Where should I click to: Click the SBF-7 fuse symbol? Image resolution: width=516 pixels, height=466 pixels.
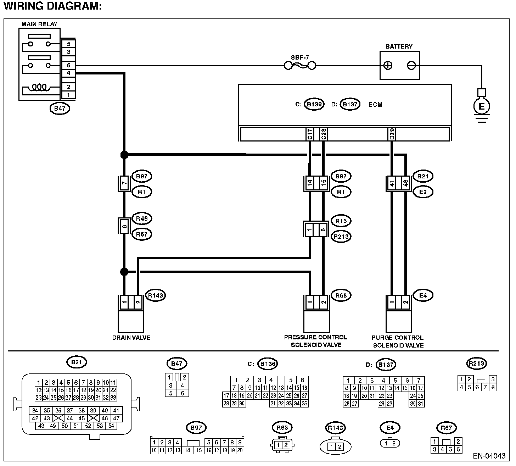(300, 66)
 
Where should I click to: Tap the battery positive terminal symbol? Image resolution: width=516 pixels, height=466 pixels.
(388, 66)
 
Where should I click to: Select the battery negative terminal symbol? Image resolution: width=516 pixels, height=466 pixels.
(411, 66)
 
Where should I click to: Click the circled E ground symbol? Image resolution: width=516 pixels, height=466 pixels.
(482, 106)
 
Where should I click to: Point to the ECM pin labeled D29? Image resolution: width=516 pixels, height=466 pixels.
(392, 134)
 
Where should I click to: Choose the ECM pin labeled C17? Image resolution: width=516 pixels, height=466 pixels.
(310, 134)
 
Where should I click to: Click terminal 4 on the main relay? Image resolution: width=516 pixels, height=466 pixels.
(68, 73)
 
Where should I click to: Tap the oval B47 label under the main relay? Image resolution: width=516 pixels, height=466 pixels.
(60, 109)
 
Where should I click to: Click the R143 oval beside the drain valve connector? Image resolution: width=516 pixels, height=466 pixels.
(156, 295)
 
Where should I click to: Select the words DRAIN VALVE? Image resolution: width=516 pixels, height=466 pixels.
(131, 338)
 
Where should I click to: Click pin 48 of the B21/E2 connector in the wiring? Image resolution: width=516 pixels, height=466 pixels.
(405, 183)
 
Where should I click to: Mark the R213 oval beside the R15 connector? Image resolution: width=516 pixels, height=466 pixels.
(341, 237)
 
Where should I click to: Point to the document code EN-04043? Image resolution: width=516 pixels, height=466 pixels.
(489, 456)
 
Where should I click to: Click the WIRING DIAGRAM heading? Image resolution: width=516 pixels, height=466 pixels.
(53, 6)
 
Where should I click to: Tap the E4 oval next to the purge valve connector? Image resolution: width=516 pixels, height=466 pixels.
(423, 295)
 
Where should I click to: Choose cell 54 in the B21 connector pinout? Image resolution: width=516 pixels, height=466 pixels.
(111, 426)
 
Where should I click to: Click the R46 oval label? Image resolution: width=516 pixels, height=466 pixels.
(142, 219)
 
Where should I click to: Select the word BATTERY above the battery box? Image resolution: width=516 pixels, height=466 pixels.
(399, 46)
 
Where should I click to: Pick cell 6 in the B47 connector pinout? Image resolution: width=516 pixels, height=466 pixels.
(183, 393)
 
